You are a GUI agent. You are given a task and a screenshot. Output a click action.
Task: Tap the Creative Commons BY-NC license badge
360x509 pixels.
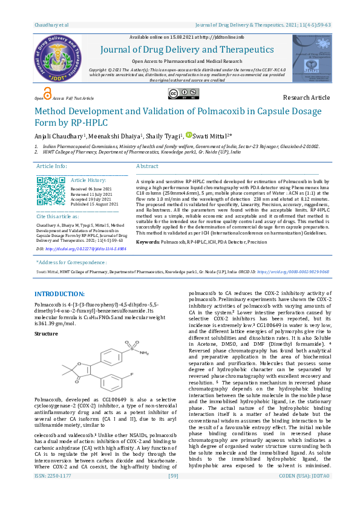coord(180,94)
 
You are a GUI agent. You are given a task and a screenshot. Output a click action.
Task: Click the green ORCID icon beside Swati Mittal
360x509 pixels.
coord(188,135)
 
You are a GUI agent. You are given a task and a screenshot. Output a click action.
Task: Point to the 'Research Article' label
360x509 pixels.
coord(306,97)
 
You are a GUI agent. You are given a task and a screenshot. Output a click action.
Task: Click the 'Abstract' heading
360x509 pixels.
coord(147,166)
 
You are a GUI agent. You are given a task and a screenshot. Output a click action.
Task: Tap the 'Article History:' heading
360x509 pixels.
coord(88,180)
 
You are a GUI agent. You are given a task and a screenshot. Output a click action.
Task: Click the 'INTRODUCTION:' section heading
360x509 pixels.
coord(59,293)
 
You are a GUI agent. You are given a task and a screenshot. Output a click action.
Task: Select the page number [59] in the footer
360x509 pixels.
coord(173,493)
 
